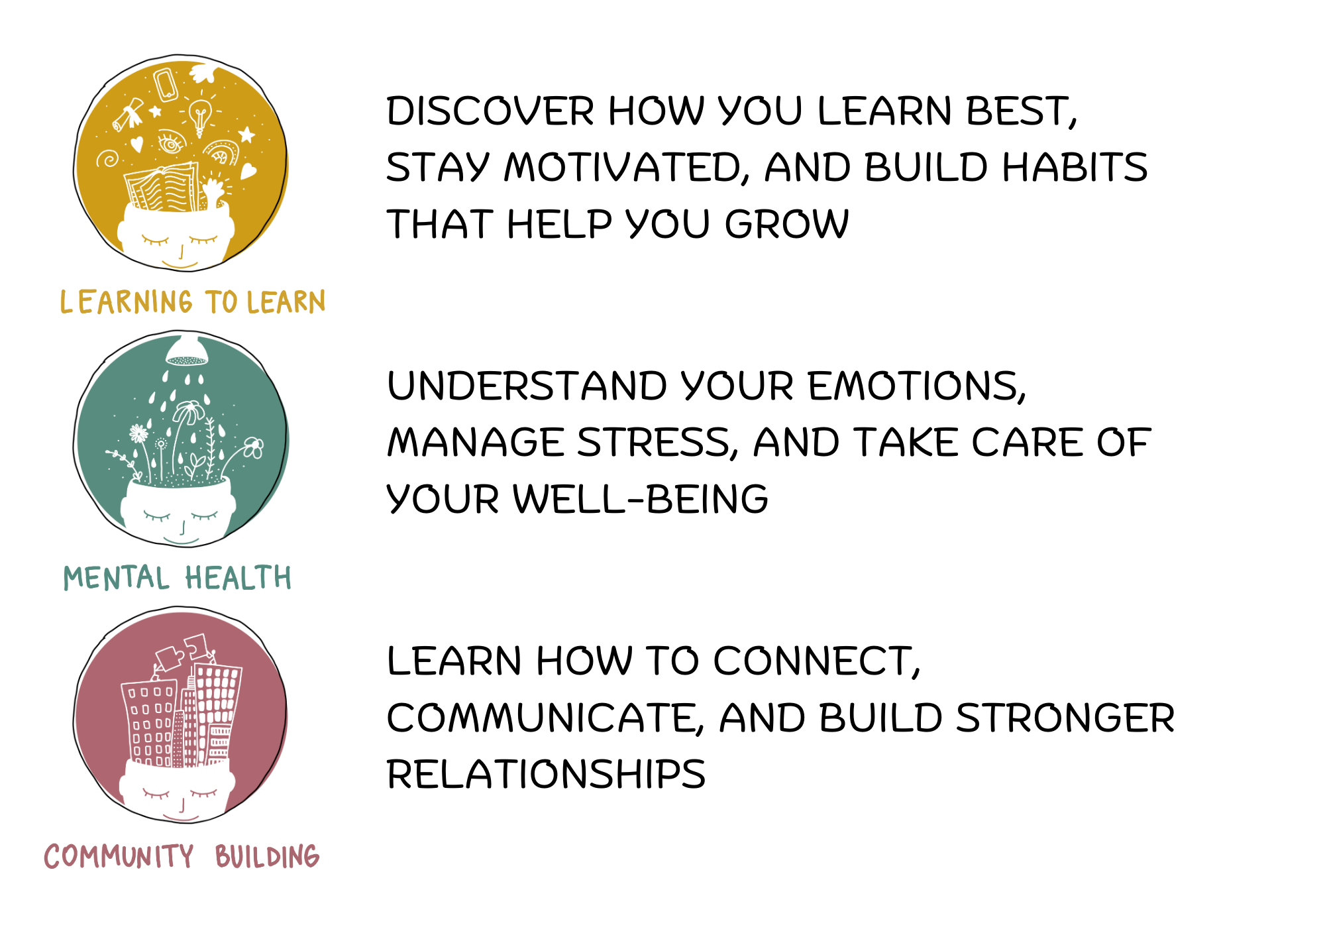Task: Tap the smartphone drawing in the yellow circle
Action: (x=166, y=84)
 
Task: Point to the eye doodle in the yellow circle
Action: (x=170, y=143)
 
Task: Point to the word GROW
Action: (x=786, y=224)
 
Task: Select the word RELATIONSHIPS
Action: (x=546, y=775)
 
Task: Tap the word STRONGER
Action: (x=1065, y=718)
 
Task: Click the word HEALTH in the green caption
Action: (x=238, y=578)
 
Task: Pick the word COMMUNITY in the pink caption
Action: (x=119, y=856)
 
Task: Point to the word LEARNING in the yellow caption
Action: (x=126, y=302)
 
